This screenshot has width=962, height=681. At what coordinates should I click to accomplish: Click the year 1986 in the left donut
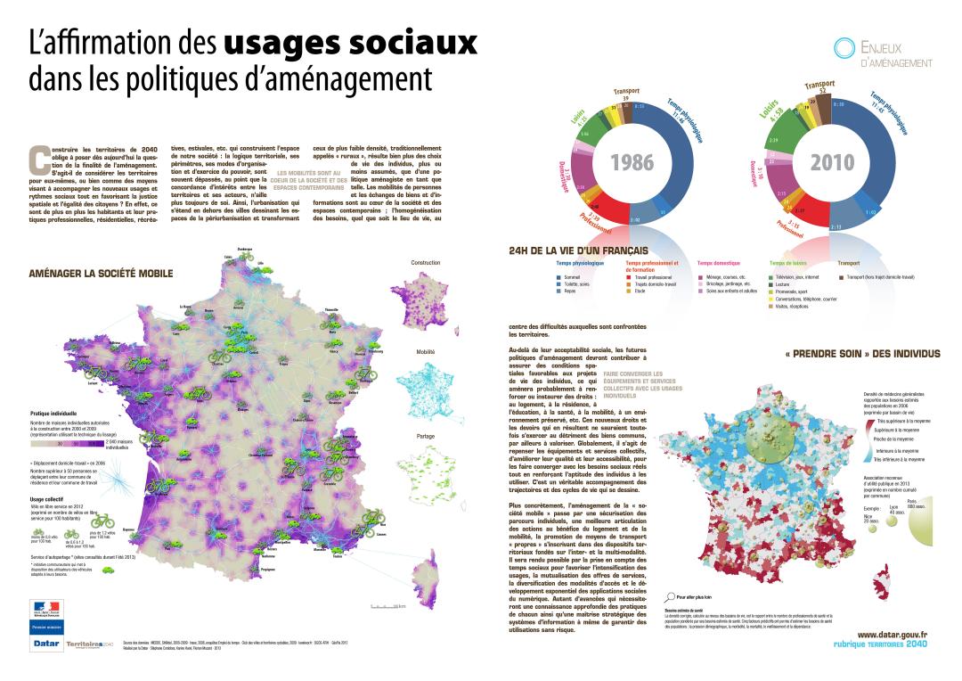[x=633, y=162]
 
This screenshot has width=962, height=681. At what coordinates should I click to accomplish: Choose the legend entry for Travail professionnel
[x=649, y=278]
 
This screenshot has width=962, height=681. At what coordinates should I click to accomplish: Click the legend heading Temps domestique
[x=718, y=263]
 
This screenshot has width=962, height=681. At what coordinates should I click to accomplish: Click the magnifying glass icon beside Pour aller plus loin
[x=670, y=595]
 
